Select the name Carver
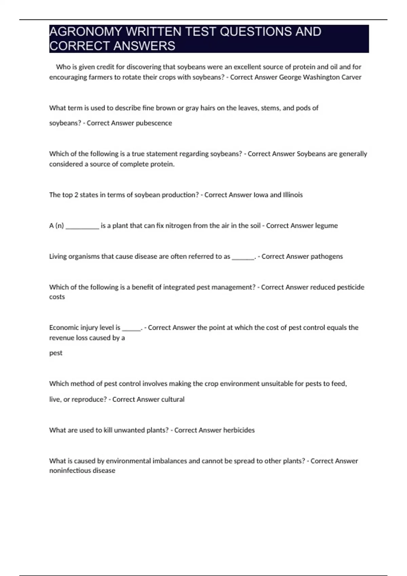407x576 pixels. click(352, 77)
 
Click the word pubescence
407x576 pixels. click(154, 123)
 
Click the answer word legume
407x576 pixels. click(326, 226)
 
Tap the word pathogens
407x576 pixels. click(327, 256)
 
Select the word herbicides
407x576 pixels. click(239, 430)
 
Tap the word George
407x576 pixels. click(290, 77)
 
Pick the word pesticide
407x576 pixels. click(351, 287)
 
